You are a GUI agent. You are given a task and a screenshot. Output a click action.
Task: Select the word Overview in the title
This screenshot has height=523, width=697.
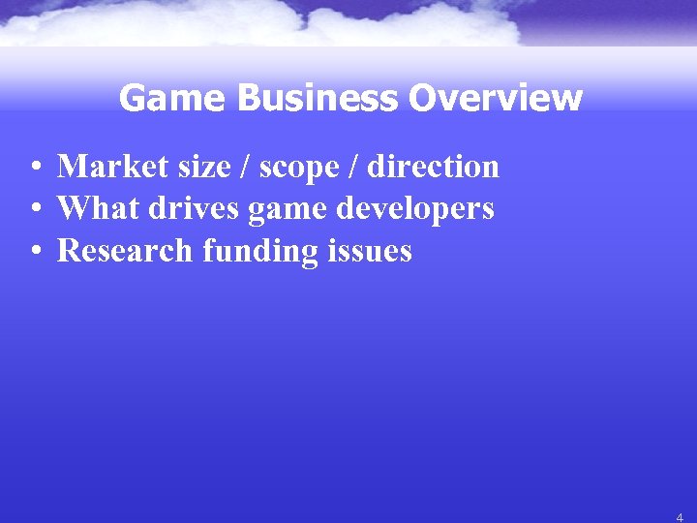click(x=496, y=98)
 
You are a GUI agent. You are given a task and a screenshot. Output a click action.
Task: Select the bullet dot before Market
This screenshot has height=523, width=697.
click(x=34, y=168)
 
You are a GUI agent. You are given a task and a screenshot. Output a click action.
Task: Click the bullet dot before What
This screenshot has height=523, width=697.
click(x=34, y=209)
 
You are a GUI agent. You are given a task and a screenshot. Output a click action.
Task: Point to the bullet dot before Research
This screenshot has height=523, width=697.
click(x=34, y=252)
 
